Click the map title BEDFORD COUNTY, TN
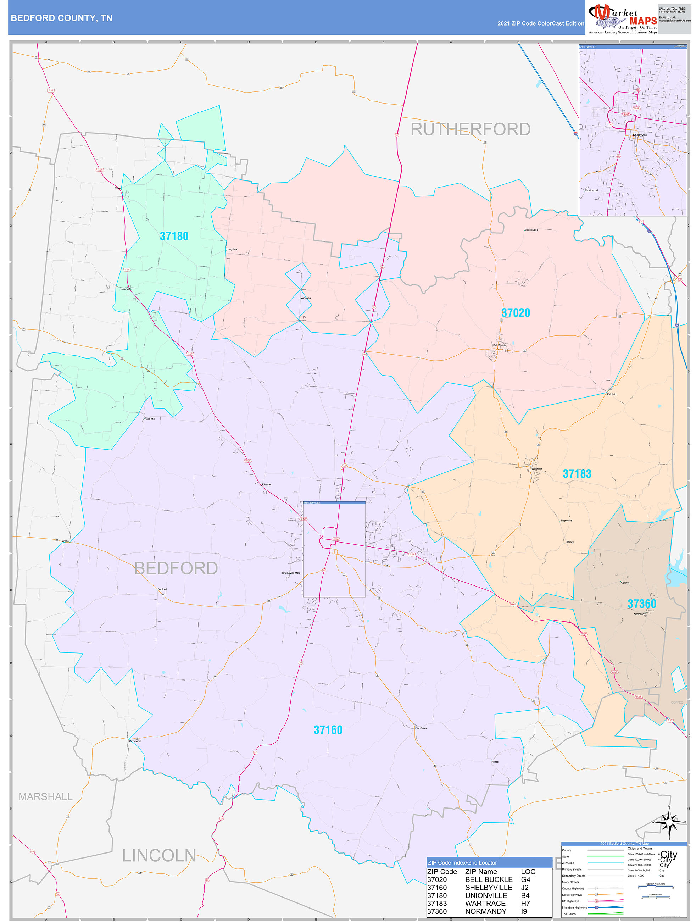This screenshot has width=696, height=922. coord(61,18)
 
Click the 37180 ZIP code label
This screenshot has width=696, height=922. coord(174,236)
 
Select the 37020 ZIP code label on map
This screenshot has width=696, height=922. coord(516,313)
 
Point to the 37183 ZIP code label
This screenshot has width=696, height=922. coord(577,473)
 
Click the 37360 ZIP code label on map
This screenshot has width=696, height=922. coord(642,604)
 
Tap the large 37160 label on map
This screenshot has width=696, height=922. coord(328,730)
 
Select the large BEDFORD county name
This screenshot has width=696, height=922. coord(176,568)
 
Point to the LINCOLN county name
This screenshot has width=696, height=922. coord(159,856)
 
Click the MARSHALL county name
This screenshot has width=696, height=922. coord(45,796)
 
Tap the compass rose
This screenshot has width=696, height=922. coord(669,822)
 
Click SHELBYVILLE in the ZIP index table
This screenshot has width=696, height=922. coord(489,887)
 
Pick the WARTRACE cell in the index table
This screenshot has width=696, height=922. coord(485,903)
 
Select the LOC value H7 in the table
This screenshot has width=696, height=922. coord(525,903)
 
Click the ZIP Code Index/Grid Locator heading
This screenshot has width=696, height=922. coord(462,862)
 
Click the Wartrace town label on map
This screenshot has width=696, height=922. coord(537,468)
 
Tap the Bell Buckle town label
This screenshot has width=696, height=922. coord(499,345)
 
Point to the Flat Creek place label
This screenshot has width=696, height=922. coord(421,728)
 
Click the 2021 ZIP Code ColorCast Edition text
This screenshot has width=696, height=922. coord(541,23)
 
